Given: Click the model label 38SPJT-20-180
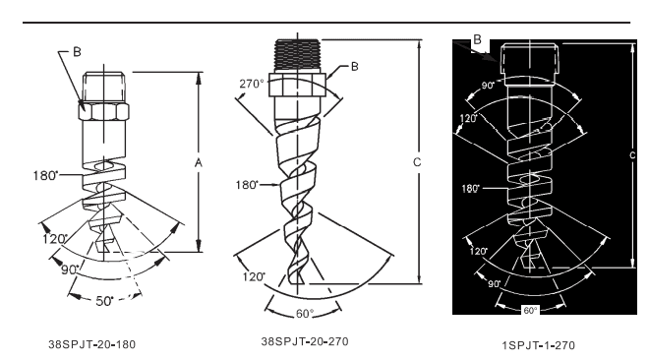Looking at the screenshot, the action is [x=91, y=344].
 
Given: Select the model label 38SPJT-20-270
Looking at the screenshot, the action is [x=305, y=341].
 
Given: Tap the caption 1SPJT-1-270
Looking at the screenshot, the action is [x=539, y=345].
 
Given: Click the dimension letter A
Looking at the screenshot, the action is [x=199, y=163].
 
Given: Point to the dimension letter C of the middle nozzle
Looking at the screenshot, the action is [x=417, y=162].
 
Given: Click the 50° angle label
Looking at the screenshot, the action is [x=104, y=301].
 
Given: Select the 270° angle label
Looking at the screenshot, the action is [x=251, y=84].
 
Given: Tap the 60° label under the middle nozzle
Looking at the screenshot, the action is [x=305, y=314].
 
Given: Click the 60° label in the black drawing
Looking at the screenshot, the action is [x=530, y=311].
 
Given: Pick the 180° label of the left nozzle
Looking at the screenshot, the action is [x=45, y=175].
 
